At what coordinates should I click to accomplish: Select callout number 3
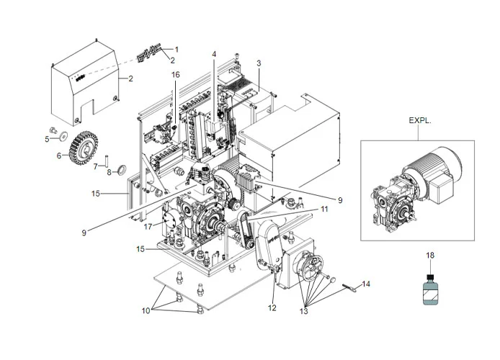tap(258, 64)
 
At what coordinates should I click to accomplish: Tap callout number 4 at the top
tap(213, 55)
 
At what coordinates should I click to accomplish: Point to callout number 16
tap(174, 75)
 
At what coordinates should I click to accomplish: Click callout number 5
tap(47, 139)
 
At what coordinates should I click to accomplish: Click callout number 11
tap(324, 209)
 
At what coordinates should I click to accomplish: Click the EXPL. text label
tap(420, 122)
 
